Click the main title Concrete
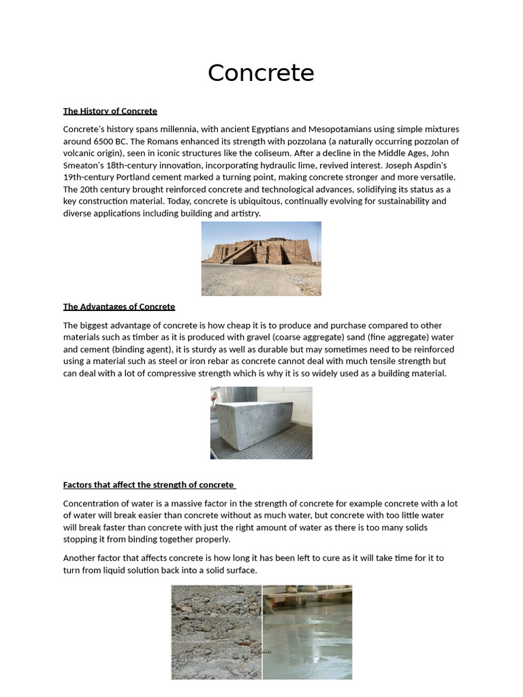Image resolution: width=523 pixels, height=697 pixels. coord(261,73)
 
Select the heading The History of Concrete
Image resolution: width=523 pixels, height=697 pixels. coord(110,111)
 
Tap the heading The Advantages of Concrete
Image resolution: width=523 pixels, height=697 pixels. coord(118,307)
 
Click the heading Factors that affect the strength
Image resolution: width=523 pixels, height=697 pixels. coord(148,485)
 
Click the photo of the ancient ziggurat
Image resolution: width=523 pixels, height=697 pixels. coord(261,259)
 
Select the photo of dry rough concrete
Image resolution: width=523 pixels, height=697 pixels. coord(217,632)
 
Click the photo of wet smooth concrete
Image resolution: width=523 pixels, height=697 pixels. coord(307,632)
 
